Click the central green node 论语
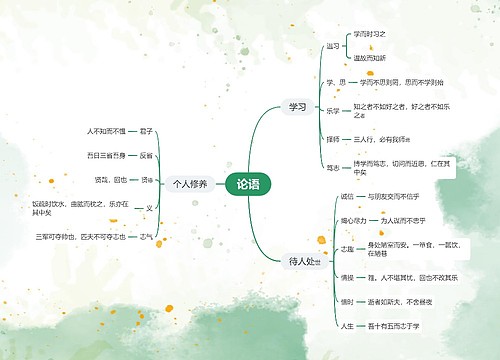(x=247, y=184)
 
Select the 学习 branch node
(x=297, y=106)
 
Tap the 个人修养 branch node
(x=189, y=184)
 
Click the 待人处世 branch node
(x=303, y=261)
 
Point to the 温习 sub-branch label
(x=332, y=46)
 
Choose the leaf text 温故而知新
(x=369, y=58)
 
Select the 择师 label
(x=332, y=140)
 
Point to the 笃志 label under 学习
(x=332, y=168)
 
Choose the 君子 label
(x=146, y=131)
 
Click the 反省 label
(x=146, y=155)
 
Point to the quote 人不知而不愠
(x=107, y=131)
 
